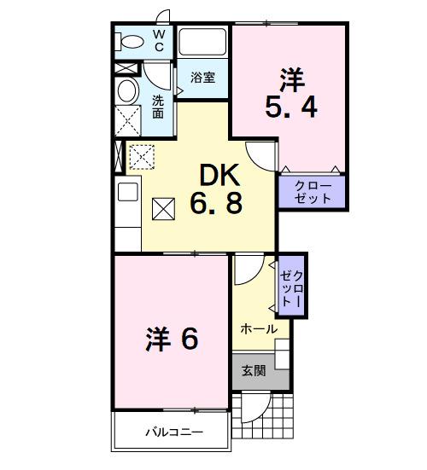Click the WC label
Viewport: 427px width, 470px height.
click(159, 40)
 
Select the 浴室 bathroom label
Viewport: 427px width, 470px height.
click(202, 78)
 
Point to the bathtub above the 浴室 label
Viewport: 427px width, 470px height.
click(202, 42)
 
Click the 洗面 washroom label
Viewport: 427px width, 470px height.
click(158, 107)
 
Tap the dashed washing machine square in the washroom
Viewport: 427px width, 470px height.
click(127, 120)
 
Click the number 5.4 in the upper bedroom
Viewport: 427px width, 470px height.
click(290, 109)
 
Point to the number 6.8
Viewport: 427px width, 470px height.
click(220, 205)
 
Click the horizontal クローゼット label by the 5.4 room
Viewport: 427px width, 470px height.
click(313, 193)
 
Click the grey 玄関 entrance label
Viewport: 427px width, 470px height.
click(253, 370)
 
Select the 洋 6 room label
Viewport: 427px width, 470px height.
click(170, 339)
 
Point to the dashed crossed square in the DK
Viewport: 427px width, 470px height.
click(140, 155)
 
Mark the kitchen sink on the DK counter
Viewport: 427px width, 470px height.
click(126, 192)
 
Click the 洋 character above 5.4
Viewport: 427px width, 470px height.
click(290, 78)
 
